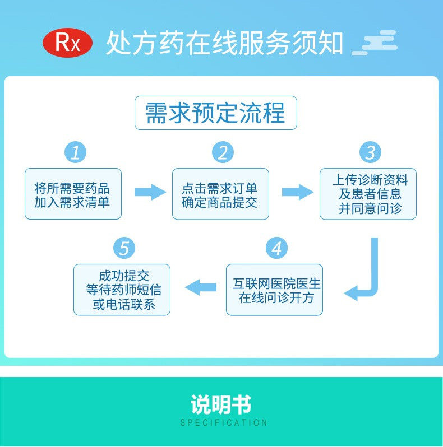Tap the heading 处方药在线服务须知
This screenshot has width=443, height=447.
point(224,43)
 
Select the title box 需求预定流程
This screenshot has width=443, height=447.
point(215,113)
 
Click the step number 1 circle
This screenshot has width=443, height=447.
point(75,152)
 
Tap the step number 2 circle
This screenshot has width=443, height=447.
point(223,152)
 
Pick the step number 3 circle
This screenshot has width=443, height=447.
point(370,152)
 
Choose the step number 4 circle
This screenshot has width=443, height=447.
point(276,248)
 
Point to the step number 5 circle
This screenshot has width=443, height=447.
point(124,248)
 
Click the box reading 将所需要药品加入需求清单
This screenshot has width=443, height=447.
point(73,194)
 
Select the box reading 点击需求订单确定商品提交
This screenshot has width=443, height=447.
point(220,194)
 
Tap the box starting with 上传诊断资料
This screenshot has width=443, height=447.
point(368,194)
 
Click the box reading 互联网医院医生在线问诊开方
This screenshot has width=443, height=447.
point(274,290)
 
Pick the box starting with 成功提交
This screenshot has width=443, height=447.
point(122,290)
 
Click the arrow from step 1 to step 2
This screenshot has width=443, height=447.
point(150,192)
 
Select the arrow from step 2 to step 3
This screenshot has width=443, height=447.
point(297,192)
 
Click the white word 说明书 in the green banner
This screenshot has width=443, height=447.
point(221,404)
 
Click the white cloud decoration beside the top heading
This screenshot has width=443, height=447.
point(375,43)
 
